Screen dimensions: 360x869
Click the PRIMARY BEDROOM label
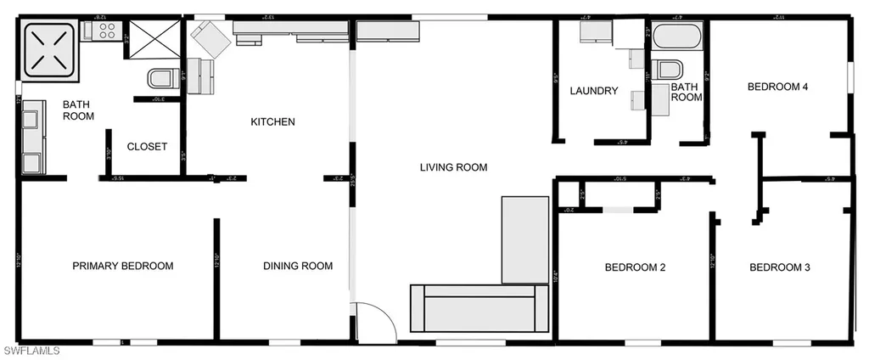123,266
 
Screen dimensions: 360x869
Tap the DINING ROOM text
298,266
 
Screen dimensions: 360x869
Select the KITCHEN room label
272,122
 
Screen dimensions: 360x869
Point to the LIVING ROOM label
453,167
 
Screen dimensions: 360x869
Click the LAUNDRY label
594,91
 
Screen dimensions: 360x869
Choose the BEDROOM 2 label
635,268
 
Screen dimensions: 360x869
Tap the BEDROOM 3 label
780,268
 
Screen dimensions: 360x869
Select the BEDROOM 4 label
776,86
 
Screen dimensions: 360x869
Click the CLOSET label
147,147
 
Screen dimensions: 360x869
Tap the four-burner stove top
109,31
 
